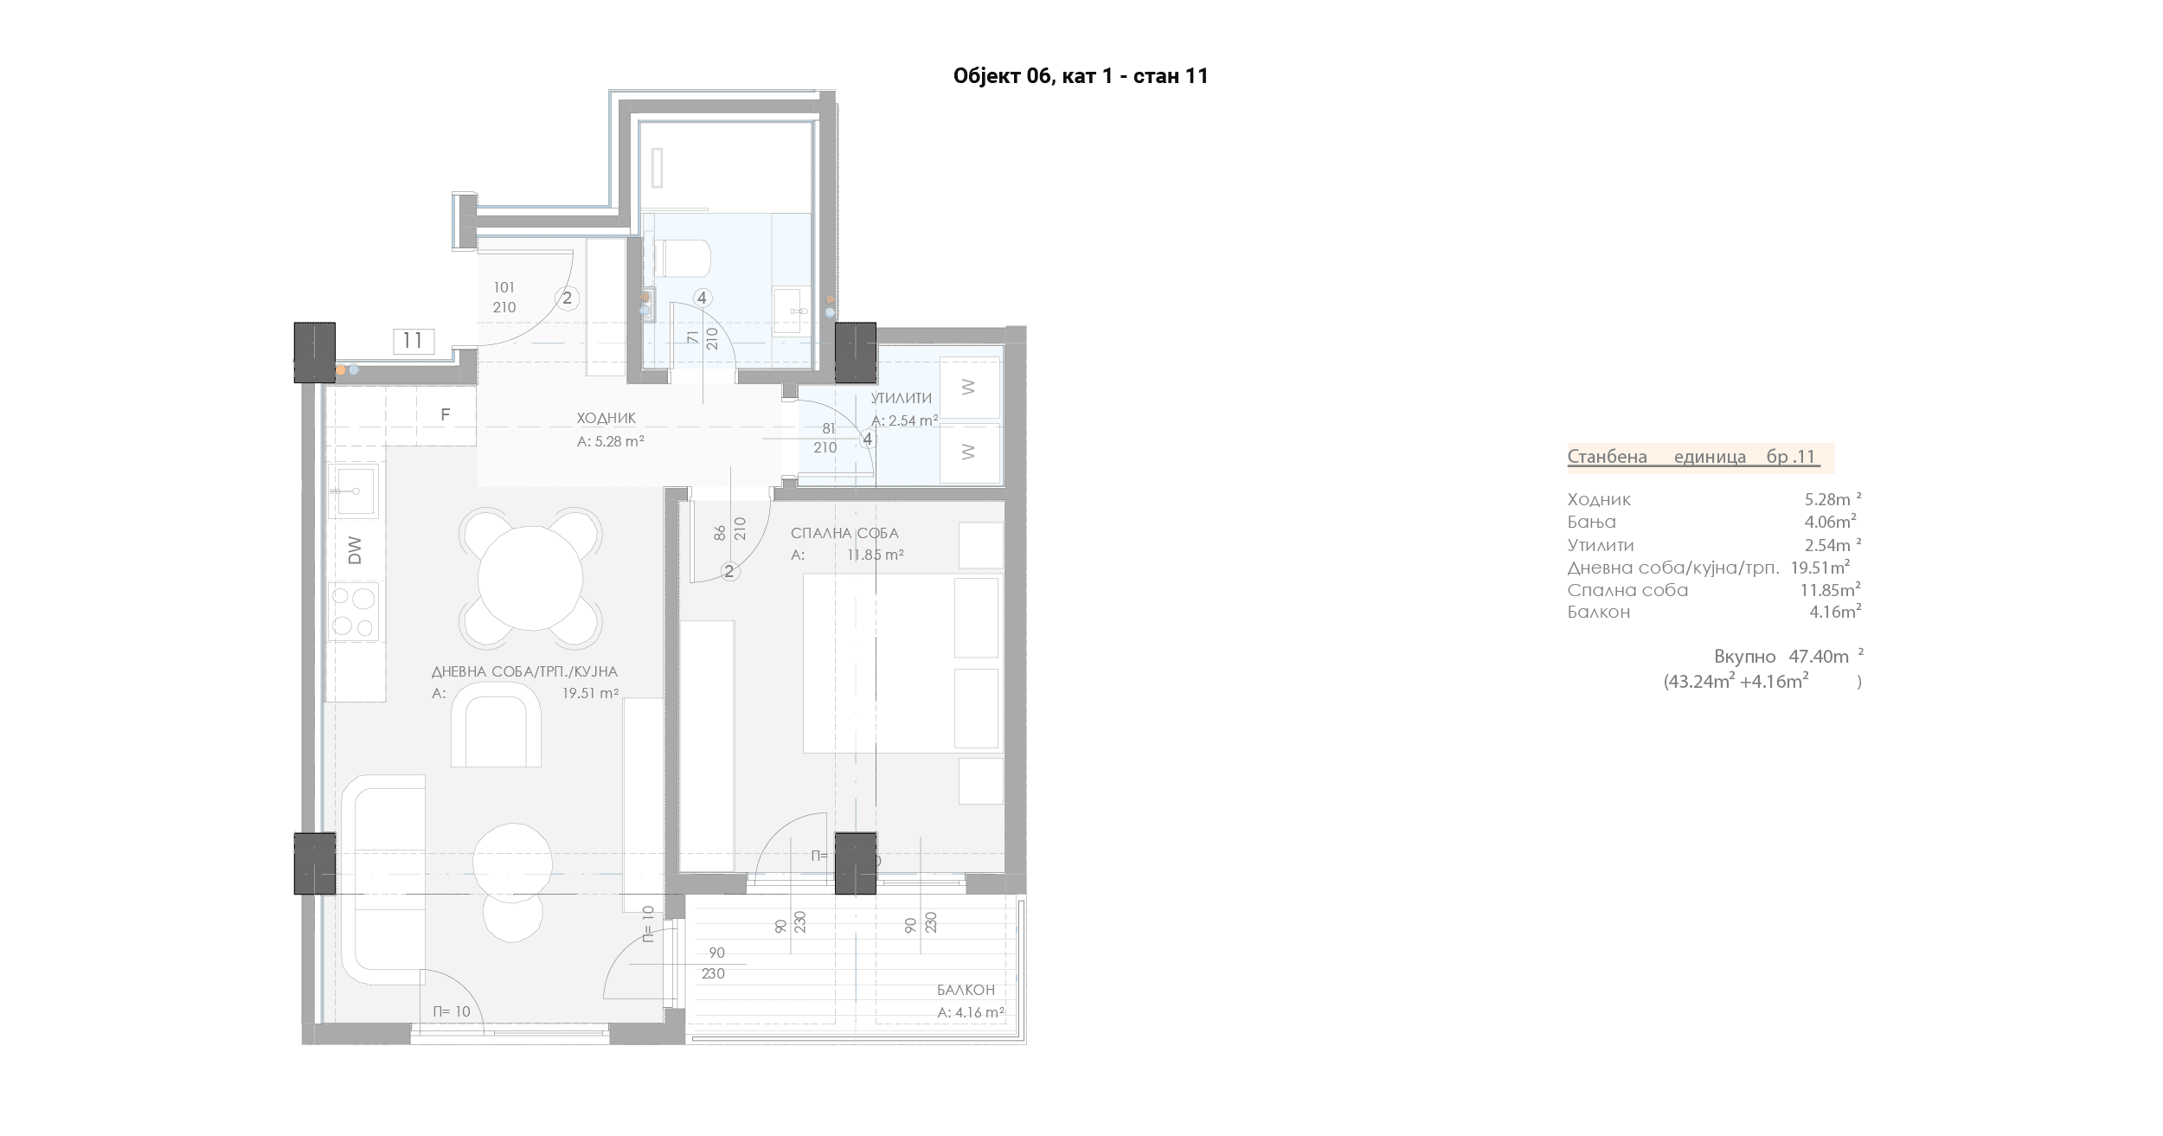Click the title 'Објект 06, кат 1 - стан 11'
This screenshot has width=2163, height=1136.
(1081, 76)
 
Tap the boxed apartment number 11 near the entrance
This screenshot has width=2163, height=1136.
(413, 341)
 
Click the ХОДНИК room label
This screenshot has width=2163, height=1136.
(607, 419)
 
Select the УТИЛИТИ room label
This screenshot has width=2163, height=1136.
(902, 398)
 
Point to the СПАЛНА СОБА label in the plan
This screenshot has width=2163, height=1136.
(844, 533)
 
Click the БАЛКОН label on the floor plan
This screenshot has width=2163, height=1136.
(966, 990)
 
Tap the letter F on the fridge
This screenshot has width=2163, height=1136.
(446, 415)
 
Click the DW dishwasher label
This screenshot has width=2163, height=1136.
(355, 550)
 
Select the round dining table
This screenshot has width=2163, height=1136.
(530, 577)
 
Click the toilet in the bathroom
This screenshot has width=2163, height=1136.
(683, 258)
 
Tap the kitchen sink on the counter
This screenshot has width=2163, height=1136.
(354, 491)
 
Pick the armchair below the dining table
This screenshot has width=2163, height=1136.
(496, 724)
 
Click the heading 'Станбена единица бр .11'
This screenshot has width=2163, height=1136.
(1694, 457)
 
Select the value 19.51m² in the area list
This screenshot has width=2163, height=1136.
(1820, 568)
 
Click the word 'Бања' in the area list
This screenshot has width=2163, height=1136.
(1592, 523)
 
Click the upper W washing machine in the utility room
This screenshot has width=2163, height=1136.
(969, 388)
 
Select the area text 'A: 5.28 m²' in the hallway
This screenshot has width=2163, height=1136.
(611, 441)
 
